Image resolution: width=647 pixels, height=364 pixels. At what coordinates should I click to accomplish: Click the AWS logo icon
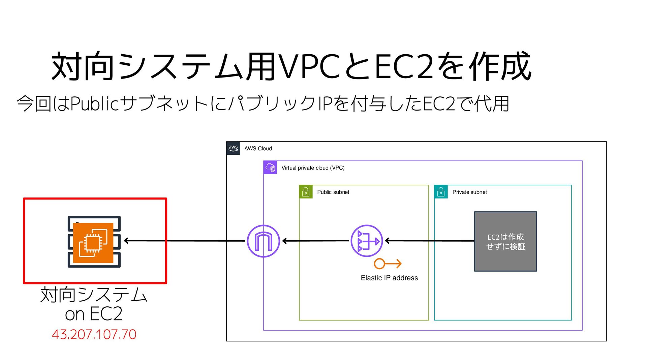[233, 148]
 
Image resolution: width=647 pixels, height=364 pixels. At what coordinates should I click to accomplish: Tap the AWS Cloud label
[258, 149]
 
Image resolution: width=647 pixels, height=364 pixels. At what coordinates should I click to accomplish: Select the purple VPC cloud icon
[270, 168]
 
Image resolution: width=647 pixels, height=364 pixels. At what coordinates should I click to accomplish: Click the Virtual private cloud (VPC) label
[313, 168]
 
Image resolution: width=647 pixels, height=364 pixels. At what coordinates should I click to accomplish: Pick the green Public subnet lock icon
[306, 192]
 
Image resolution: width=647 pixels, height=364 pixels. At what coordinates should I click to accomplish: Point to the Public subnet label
[333, 192]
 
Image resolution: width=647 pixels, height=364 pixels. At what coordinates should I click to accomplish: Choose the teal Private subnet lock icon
[441, 192]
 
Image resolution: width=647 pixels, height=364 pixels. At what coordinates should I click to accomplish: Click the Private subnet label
[469, 192]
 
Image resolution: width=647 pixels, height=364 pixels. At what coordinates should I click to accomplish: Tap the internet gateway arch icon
[263, 241]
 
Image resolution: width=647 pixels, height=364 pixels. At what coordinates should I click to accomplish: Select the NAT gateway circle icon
[367, 241]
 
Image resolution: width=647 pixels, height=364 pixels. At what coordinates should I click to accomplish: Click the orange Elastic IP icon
[388, 264]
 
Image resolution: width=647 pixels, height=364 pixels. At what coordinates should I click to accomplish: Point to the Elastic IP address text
[389, 278]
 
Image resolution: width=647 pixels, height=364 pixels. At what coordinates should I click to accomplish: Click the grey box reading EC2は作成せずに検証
[505, 241]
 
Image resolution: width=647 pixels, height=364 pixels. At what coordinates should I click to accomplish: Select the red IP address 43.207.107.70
[94, 334]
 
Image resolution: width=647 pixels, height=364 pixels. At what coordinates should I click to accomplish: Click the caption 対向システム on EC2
[94, 304]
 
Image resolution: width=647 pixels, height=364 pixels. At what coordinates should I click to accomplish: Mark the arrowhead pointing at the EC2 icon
[127, 241]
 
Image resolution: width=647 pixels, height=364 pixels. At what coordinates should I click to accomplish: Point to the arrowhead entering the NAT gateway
[388, 241]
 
